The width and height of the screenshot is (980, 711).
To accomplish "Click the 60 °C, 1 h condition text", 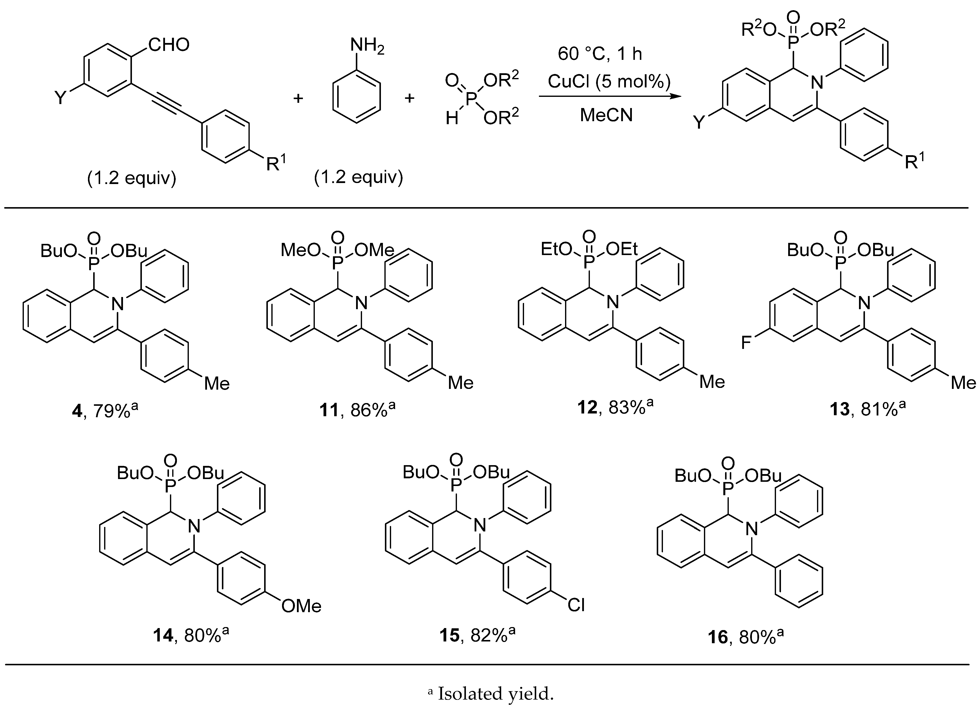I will (x=600, y=54).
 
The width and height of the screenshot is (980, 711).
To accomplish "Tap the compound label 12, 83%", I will (x=615, y=407).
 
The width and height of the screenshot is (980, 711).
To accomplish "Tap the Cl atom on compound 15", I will (x=576, y=605).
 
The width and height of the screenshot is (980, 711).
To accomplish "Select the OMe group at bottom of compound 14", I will (x=301, y=606).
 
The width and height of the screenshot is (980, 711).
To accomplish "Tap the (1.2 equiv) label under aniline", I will (x=359, y=177).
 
